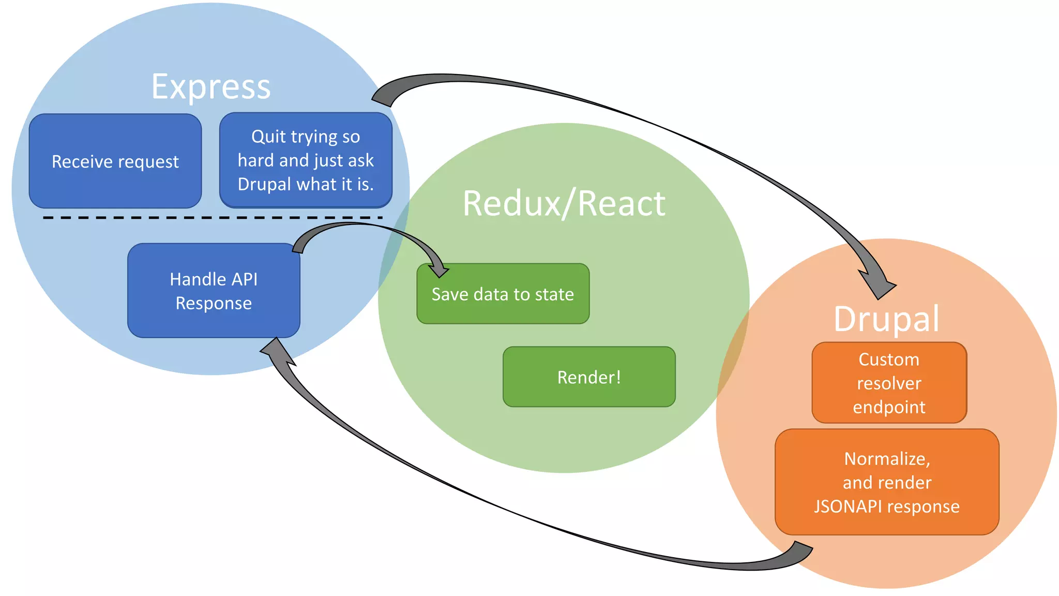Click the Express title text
pos(211,86)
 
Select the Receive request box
pos(115,161)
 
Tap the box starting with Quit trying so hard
pos(306,160)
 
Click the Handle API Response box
pos(214,291)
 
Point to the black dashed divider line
pos(212,218)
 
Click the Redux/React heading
pos(564,203)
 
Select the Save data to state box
pos(503,294)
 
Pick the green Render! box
pos(589,377)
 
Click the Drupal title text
pos(886,319)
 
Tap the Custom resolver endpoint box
pos(889,383)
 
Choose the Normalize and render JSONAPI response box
pos(887,482)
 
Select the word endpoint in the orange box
pos(889,407)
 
